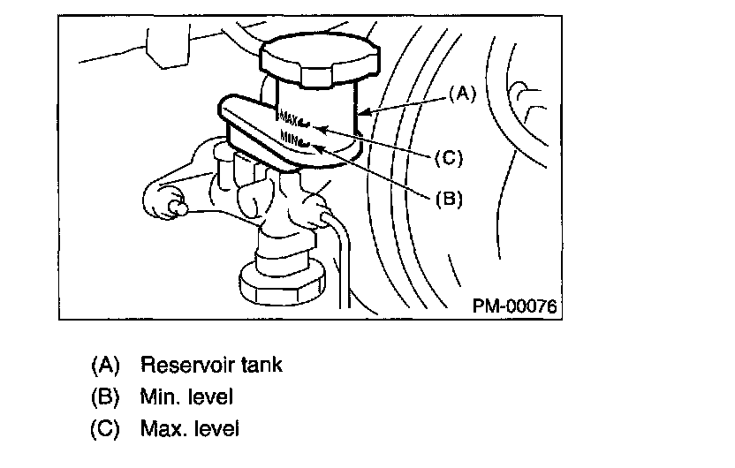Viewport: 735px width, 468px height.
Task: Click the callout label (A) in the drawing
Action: coord(463,91)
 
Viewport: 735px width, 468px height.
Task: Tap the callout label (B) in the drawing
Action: coord(449,198)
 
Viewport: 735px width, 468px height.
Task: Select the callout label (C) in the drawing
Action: coord(449,158)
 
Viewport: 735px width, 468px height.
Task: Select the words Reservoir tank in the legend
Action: coord(211,364)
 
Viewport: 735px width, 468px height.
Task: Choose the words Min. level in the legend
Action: coord(186,396)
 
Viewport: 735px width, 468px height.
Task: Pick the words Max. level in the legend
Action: coord(189,429)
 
